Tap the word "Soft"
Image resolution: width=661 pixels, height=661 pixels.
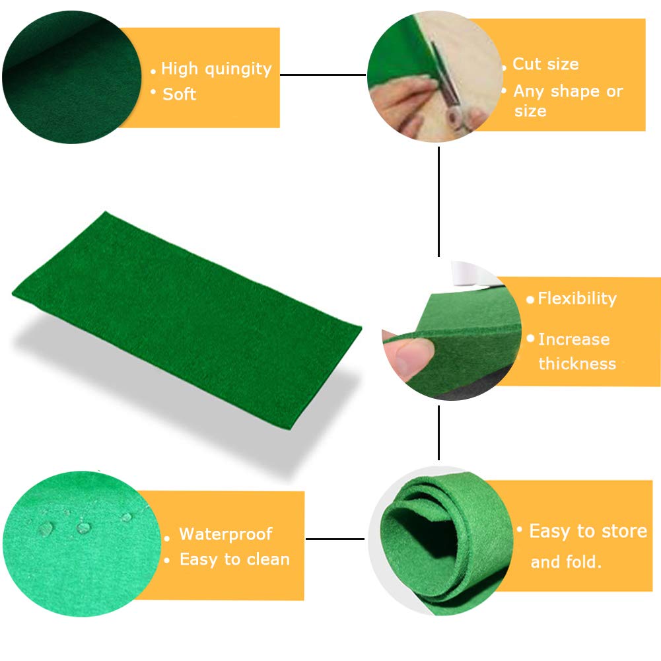pos(180,94)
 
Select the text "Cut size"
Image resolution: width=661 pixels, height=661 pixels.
pos(545,64)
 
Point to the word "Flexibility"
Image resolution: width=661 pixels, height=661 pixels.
pos(576,298)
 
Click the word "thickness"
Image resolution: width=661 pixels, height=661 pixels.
pos(576,363)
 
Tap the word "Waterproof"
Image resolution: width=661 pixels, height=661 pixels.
pos(225,534)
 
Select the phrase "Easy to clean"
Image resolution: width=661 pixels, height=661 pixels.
pos(234,559)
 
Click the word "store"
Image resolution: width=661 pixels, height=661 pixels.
pos(619,531)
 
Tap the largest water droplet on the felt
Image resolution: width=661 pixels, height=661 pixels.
pos(46,528)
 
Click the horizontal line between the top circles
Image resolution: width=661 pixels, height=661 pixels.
pos(324,75)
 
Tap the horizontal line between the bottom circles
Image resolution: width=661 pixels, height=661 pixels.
pos(335,539)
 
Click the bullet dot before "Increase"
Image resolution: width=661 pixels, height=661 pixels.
pos(530,338)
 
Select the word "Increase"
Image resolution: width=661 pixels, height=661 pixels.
pos(573,339)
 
